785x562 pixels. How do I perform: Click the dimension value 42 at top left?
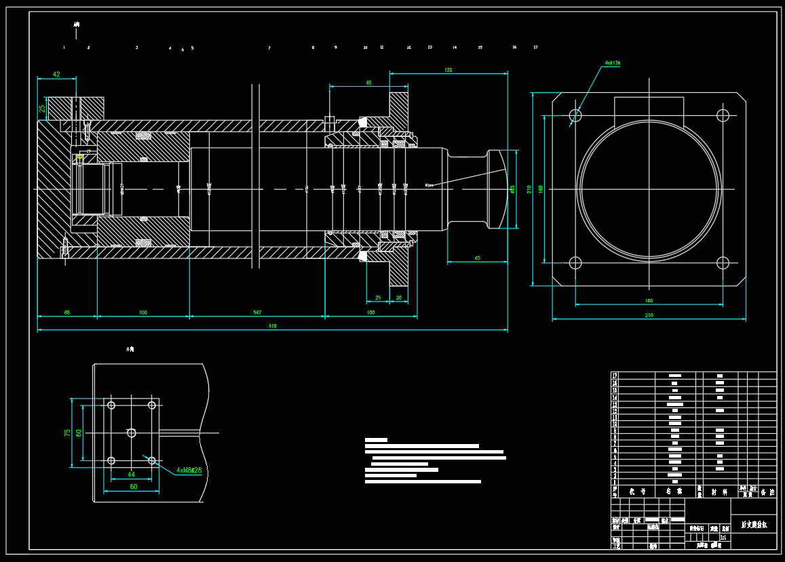(x=56, y=75)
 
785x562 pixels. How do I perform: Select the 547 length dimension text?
(x=257, y=313)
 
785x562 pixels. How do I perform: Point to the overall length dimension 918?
(x=272, y=326)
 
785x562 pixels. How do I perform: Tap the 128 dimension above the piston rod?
(x=448, y=70)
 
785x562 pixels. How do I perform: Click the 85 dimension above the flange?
(x=368, y=83)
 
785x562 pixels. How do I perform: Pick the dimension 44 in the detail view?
(x=131, y=475)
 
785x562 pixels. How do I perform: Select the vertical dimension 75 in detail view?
(x=68, y=433)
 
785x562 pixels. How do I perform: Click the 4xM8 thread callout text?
(x=189, y=470)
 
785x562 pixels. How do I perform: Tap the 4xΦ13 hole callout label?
(x=613, y=62)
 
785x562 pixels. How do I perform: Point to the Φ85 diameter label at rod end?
(x=513, y=189)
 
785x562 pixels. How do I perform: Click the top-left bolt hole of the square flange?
(x=575, y=115)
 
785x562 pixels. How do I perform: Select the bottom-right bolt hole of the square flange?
(x=723, y=263)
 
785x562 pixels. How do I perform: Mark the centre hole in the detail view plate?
(x=131, y=433)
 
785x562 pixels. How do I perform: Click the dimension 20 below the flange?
(x=398, y=298)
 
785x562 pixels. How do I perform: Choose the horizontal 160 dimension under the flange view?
(x=649, y=300)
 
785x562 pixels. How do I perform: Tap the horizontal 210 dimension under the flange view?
(x=649, y=315)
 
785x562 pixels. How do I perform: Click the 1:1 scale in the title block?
(x=723, y=538)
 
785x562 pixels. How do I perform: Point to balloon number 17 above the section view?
(x=535, y=47)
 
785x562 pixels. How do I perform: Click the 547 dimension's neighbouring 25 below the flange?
(x=378, y=298)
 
